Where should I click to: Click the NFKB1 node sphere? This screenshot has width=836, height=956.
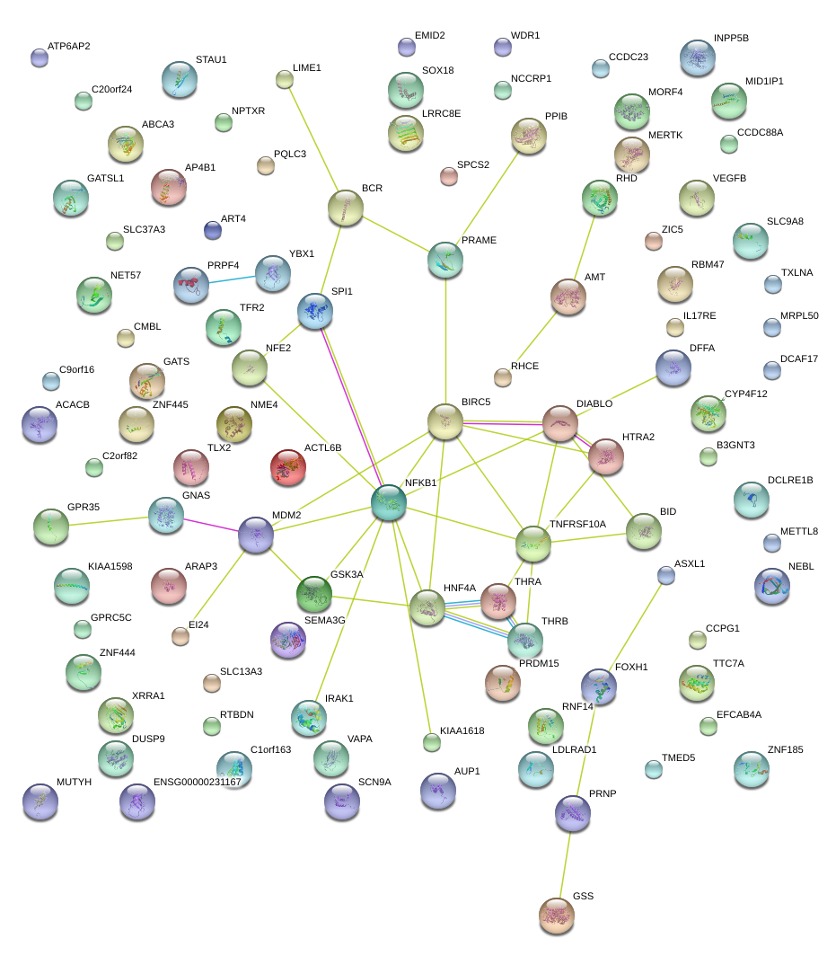click(x=389, y=503)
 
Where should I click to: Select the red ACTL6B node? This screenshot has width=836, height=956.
click(x=287, y=465)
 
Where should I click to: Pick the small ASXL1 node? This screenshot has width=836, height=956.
click(x=665, y=575)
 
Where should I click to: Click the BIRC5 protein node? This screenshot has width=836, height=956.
click(x=444, y=421)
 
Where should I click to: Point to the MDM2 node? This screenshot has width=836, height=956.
click(x=256, y=536)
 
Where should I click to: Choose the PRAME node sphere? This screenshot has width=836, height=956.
click(x=445, y=259)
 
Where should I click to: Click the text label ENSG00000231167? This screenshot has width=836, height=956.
click(x=198, y=782)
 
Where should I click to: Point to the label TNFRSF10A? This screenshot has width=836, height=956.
click(x=577, y=524)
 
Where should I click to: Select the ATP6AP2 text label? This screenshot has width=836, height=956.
click(x=68, y=46)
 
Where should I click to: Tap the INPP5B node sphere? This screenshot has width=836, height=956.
click(x=698, y=58)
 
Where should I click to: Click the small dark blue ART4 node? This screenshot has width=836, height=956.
click(x=213, y=231)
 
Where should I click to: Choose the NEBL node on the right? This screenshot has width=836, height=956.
click(x=772, y=586)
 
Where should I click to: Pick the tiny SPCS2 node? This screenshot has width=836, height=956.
click(x=448, y=176)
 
